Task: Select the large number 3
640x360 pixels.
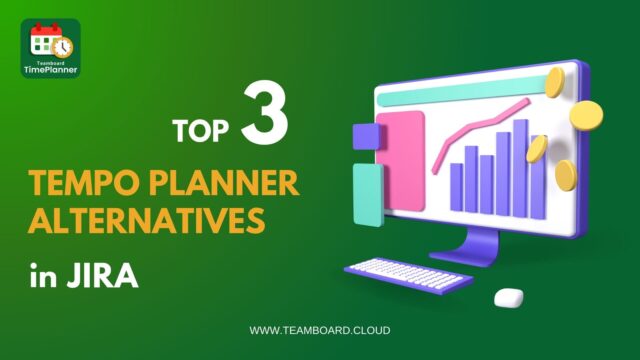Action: [264, 118]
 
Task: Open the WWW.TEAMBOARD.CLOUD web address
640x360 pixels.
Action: [320, 330]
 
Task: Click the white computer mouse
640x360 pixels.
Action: [509, 297]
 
